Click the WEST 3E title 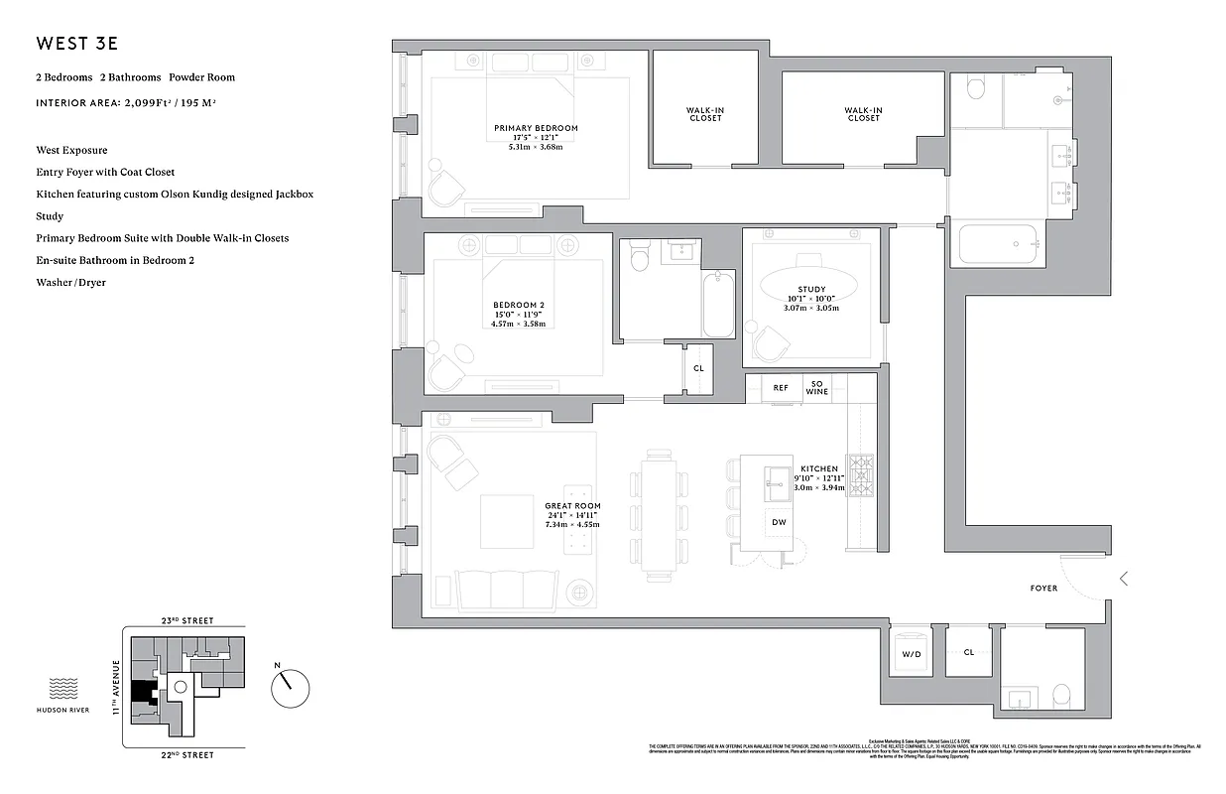[x=78, y=44]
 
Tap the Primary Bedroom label [x=536, y=128]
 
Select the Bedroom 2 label [x=518, y=305]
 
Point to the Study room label [x=811, y=289]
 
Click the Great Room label [x=572, y=506]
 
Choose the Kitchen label [x=819, y=468]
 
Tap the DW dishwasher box [x=779, y=523]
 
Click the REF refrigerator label [x=781, y=388]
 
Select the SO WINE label [x=817, y=388]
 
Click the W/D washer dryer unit [x=911, y=654]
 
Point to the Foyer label [x=1043, y=589]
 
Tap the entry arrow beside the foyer [x=1123, y=579]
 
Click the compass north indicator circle [x=291, y=688]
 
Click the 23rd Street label [x=186, y=620]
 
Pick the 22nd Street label [x=186, y=755]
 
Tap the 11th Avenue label [x=115, y=687]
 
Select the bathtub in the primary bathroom [x=998, y=243]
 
